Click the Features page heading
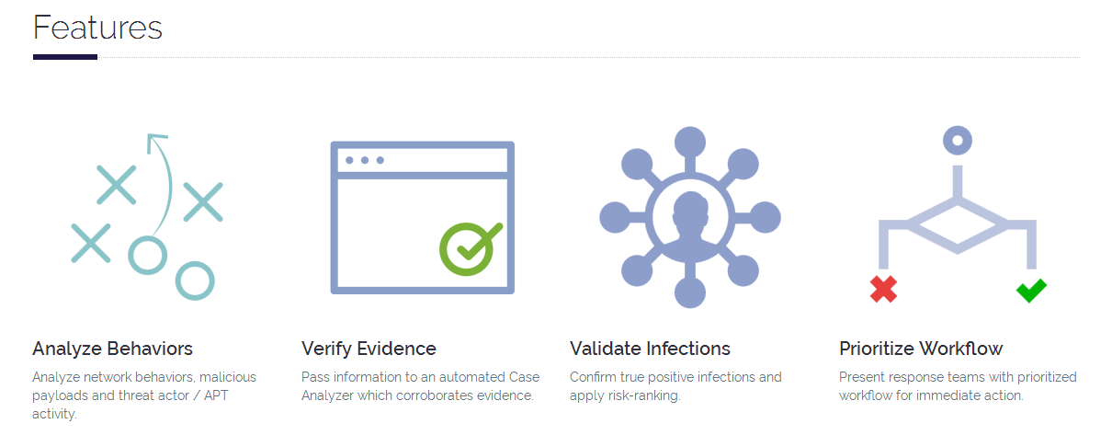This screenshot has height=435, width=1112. tap(97, 28)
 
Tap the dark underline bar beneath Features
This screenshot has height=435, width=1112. tap(65, 57)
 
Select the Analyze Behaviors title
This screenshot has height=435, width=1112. tap(113, 349)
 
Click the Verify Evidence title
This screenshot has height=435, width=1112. tap(369, 349)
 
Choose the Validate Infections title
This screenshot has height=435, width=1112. tap(650, 349)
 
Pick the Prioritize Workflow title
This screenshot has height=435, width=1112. tap(921, 349)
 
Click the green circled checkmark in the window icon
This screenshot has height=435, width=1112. tap(469, 248)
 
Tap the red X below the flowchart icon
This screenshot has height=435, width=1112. tap(884, 289)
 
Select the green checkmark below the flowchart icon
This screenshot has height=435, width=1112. tap(1031, 291)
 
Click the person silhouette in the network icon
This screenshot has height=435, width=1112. tap(690, 220)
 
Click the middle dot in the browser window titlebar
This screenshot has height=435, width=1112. tap(365, 160)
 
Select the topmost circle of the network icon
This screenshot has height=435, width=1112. tap(690, 142)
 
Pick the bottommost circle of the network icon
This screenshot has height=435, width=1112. tap(690, 292)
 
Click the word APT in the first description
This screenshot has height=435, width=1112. tap(216, 395)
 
